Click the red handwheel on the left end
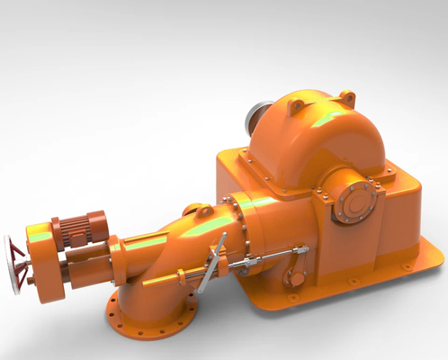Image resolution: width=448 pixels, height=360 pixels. [14, 262]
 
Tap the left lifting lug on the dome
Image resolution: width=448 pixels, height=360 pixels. [295, 106]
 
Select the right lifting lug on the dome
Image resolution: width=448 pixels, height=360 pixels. [346, 98]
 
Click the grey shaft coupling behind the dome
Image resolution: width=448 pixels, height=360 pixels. [259, 116]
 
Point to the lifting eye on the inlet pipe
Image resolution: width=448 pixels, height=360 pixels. [203, 211]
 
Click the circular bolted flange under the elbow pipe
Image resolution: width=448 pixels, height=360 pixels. [151, 314]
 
